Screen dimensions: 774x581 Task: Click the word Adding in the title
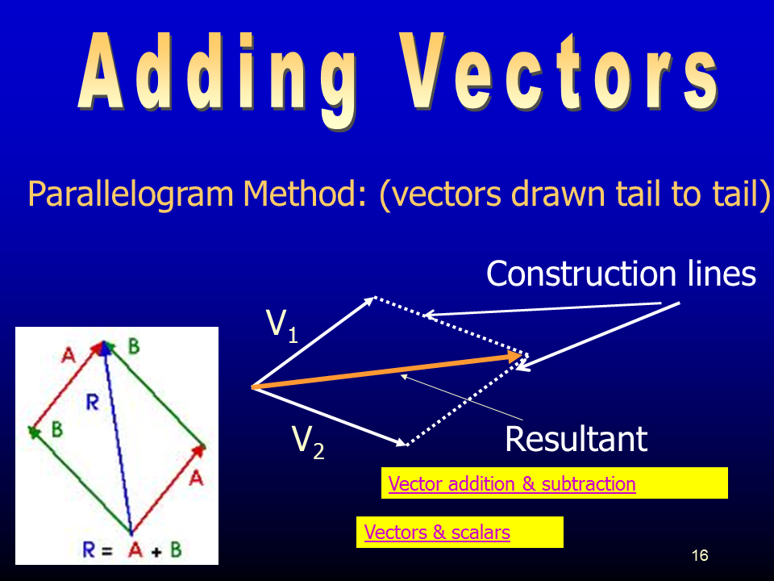coord(217,79)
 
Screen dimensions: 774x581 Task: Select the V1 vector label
coord(282,325)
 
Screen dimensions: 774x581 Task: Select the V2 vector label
coord(308,442)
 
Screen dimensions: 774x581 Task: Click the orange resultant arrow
coord(387,370)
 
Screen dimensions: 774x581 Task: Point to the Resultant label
coord(576,439)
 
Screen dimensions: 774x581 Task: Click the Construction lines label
coord(621,274)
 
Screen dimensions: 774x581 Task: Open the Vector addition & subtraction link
coord(512,483)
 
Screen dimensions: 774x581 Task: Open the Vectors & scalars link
coord(437,532)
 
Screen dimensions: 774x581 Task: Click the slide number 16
coord(700,555)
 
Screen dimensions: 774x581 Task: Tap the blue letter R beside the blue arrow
coord(92,403)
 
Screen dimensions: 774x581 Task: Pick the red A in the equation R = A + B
coord(135,550)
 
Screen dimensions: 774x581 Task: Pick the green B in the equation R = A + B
coord(176,550)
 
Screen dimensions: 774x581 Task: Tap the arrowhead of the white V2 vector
coord(401,441)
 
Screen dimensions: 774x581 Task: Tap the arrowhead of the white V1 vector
coord(369,300)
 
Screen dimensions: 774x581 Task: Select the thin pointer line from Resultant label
coord(461,397)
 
